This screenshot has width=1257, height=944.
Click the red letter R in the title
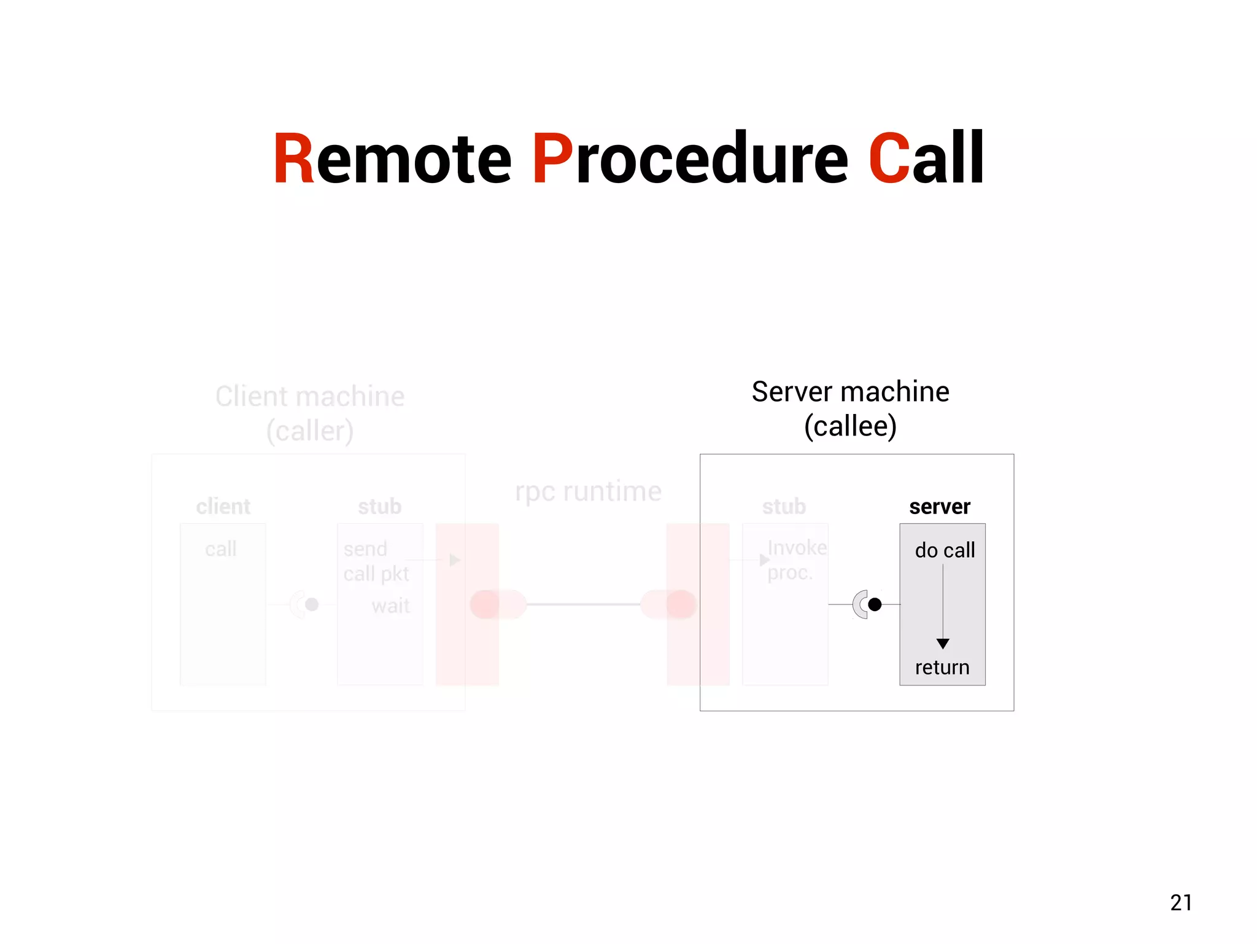[293, 158]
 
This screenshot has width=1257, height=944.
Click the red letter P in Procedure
[552, 158]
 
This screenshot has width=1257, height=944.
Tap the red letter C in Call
[889, 158]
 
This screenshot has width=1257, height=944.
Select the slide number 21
[1181, 902]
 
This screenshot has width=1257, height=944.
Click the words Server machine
[850, 392]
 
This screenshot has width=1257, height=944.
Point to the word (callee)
[850, 426]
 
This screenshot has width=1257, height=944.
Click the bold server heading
[940, 507]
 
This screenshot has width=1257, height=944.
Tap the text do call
[945, 550]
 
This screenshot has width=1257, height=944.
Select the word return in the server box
[942, 667]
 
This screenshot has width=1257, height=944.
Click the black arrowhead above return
[943, 643]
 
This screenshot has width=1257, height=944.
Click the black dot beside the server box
[875, 604]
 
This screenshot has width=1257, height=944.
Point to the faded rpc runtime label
[588, 491]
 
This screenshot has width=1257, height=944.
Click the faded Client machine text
[309, 397]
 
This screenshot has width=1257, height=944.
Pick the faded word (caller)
[309, 431]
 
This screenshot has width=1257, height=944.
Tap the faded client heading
[223, 507]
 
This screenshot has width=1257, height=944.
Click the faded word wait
[390, 606]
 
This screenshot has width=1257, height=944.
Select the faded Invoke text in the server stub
[797, 547]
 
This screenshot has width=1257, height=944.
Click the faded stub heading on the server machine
[784, 507]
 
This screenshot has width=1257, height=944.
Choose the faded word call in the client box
[220, 549]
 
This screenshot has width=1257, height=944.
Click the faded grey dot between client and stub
[312, 604]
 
